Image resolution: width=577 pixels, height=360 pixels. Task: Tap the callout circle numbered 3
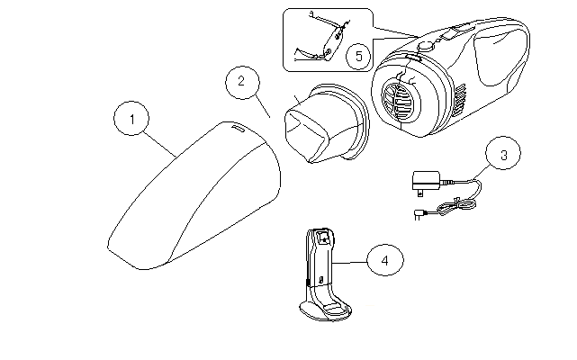[x=503, y=155]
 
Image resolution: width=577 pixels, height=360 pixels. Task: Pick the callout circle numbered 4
[x=384, y=261]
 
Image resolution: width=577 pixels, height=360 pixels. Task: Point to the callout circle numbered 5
[x=359, y=56]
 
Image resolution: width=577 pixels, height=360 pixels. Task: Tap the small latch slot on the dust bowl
[x=238, y=130]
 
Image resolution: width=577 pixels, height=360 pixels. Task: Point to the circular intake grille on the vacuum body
[x=401, y=98]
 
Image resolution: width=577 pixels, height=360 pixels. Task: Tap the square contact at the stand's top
[x=323, y=238]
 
